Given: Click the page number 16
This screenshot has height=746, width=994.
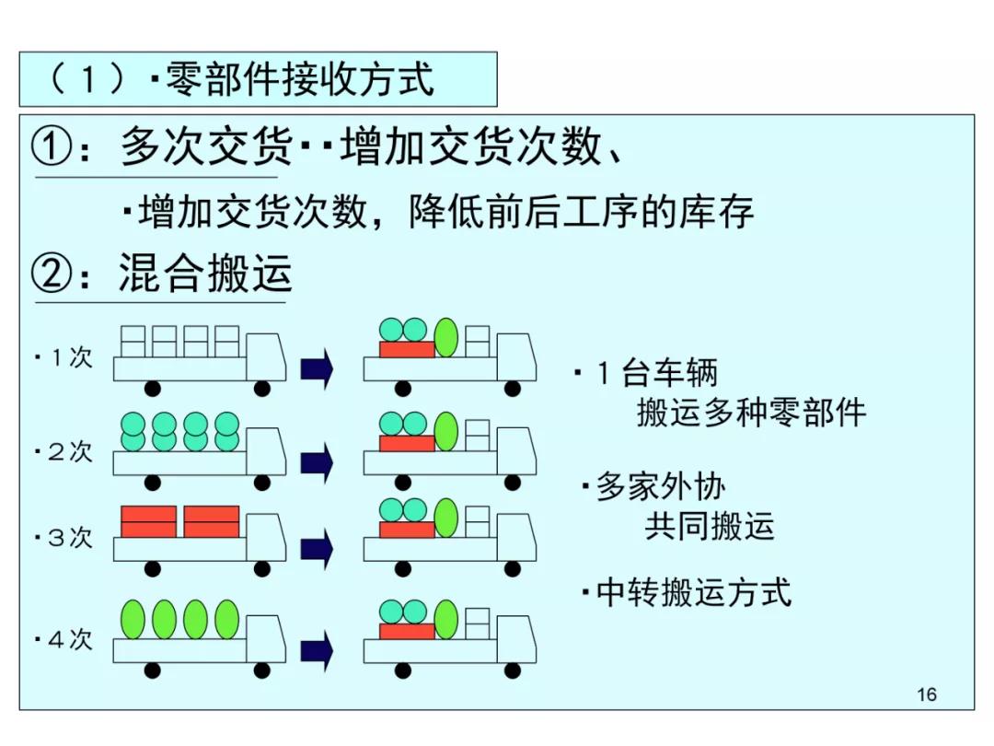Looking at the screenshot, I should click(x=927, y=694).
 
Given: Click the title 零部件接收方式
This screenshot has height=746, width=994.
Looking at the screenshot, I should click(x=299, y=79).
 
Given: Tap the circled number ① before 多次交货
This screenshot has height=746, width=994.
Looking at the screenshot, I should click(x=52, y=146).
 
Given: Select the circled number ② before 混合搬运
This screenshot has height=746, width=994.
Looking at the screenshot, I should click(x=52, y=274).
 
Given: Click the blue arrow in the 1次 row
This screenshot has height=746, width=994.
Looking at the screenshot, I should click(x=317, y=369).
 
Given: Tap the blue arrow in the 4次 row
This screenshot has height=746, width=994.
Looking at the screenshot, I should click(x=317, y=651).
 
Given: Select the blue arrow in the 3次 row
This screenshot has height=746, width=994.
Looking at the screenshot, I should click(x=317, y=549).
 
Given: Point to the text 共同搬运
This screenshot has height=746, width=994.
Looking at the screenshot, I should click(x=709, y=526).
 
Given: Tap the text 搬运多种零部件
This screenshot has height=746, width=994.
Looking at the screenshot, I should click(x=751, y=413).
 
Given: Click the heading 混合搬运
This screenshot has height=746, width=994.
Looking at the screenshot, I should click(x=204, y=274).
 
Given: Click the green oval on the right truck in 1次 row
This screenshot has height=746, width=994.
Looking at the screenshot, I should click(x=445, y=337).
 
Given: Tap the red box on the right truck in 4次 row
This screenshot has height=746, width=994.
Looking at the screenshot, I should click(x=407, y=631).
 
